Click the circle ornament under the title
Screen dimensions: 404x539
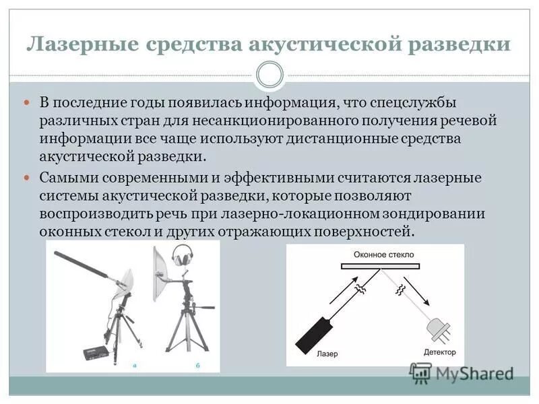coord(269,74)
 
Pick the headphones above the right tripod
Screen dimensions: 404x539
coord(182,256)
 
